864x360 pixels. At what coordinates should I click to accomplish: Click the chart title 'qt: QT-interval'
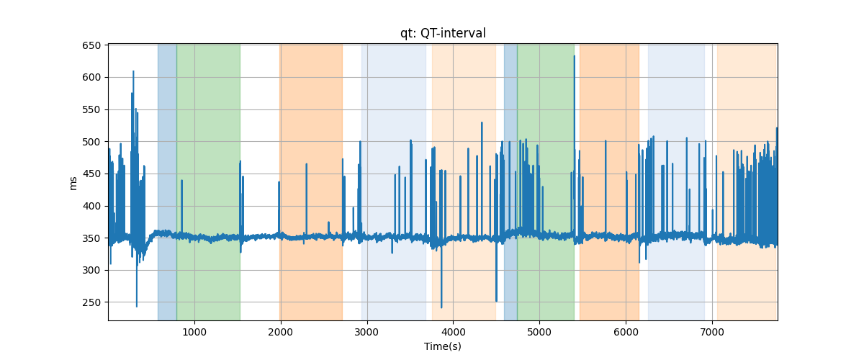coord(443,33)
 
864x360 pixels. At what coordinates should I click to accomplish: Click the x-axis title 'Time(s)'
coord(443,346)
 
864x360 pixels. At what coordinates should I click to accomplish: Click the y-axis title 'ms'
coord(73,184)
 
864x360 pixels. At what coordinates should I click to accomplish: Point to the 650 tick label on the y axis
coord(91,45)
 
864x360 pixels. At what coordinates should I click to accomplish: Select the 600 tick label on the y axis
coord(91,78)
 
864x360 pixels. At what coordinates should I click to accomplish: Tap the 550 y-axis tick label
coord(91,109)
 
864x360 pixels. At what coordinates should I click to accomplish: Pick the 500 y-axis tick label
coord(91,142)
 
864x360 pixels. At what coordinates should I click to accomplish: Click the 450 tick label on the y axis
coord(91,174)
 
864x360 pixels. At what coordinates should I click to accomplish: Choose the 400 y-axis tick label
coord(91,206)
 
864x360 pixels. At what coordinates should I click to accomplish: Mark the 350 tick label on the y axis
coord(91,238)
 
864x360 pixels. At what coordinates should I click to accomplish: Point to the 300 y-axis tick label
coord(91,271)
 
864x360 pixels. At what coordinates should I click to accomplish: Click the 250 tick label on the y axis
coord(91,302)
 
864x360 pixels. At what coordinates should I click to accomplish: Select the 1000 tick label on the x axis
coord(194,332)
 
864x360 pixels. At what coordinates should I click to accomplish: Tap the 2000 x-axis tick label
coord(281,332)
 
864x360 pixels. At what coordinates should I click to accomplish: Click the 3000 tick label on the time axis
coord(366,332)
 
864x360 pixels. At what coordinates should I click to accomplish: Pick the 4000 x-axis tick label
coord(453,332)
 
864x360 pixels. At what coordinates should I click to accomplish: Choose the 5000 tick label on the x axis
coord(539,332)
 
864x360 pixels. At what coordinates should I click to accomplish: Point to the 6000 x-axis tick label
coord(626,332)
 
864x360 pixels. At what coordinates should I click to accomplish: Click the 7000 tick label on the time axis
coord(712,332)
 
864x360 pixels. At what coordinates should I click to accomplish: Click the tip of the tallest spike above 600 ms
coord(575,56)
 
